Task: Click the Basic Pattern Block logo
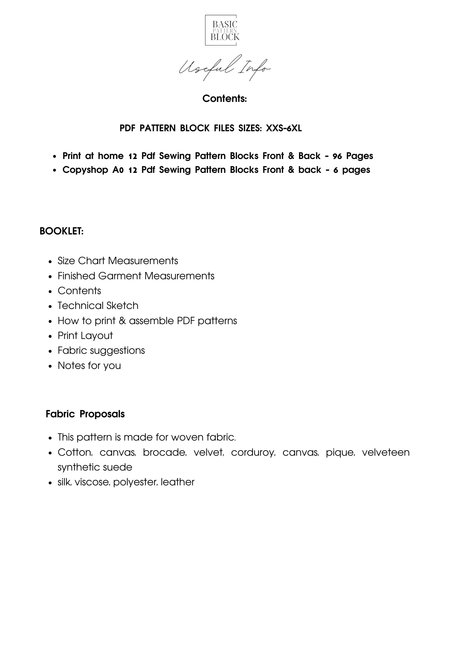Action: pos(225,30)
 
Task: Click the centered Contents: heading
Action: pos(224,99)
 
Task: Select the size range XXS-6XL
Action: pos(284,128)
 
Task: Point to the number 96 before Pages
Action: pos(337,156)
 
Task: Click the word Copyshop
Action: pos(85,170)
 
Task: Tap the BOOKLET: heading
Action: pos(62,231)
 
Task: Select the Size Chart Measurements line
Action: pos(118,261)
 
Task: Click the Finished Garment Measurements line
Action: pos(136,276)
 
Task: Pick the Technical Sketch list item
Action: pos(98,306)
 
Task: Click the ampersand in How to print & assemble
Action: pos(122,321)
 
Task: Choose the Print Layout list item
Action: pos(85,336)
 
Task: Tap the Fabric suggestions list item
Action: pos(101,351)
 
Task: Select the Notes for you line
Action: pos(89,366)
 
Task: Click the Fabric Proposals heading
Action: pos(85,414)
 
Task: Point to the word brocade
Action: pos(164,452)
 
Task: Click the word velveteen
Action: pos(386,452)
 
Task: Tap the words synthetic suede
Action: pos(95,467)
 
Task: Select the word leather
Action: pos(178,482)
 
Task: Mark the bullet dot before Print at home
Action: pos(55,156)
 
